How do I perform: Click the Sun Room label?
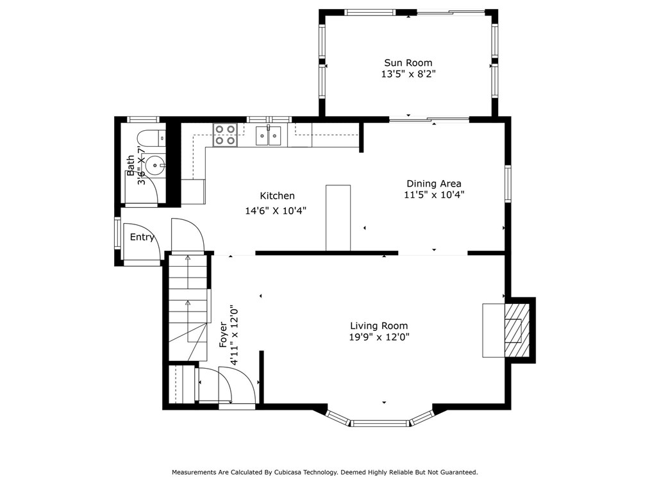pos(408,63)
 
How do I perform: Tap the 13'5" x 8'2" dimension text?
pos(408,74)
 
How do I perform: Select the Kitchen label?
pos(278,196)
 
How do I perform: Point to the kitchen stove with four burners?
pos(225,135)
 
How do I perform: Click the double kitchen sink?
pos(268,135)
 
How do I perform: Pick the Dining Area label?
pos(433,183)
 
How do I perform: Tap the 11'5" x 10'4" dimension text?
pos(434,194)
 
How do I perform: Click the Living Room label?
pos(379,326)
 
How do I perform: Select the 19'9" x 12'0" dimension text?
pos(379,337)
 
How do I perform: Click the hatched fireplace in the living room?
pos(517,330)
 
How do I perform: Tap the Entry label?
pos(142,237)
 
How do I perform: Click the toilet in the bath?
pos(151,137)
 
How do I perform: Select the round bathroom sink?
pos(156,165)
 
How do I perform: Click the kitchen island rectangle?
pos(338,218)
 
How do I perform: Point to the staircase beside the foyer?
pos(188,308)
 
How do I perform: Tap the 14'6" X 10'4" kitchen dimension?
pos(276,211)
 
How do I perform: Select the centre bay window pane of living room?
pos(380,423)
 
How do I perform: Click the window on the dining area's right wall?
pos(508,183)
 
